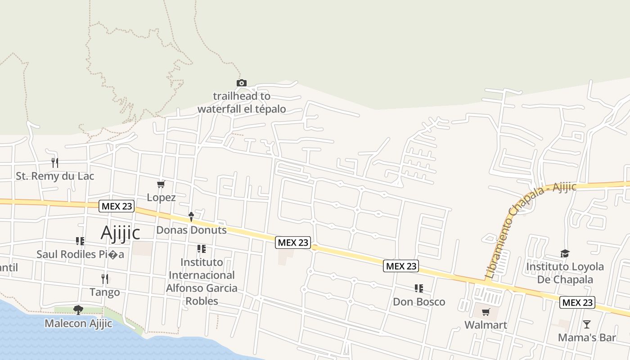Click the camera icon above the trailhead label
pos(242,83)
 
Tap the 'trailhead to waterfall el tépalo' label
pos(242,103)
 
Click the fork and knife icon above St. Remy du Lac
pos(55,162)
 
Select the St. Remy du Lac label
pos(55,176)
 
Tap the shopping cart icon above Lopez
pos(161,184)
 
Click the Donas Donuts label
pos(191,230)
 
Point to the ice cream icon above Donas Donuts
pos(191,217)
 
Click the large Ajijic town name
pos(120,233)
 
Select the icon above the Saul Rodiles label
pos(80,241)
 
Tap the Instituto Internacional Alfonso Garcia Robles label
pos(202,281)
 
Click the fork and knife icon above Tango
pos(105,279)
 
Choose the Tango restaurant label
pos(105,292)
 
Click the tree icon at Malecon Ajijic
pos(78,310)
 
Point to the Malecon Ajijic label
pos(78,323)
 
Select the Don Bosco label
pos(419,301)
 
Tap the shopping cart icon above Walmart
pos(486,312)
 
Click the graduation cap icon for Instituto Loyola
pos(565,253)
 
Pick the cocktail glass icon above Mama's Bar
pos(587,324)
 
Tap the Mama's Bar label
pos(587,337)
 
